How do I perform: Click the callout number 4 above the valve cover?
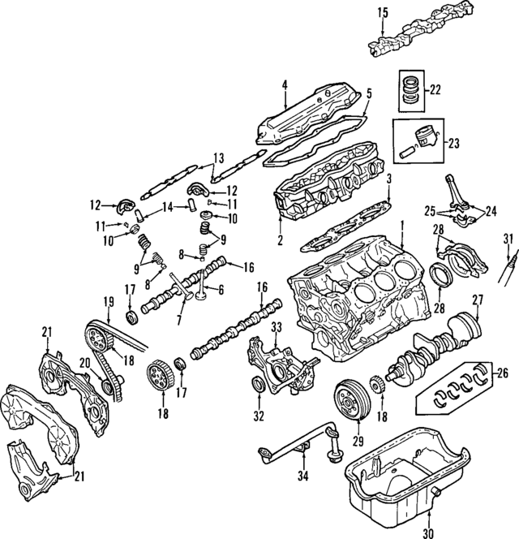click(x=285, y=85)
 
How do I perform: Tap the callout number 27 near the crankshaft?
click(x=478, y=299)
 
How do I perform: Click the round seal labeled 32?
click(x=258, y=382)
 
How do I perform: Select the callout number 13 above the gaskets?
click(x=218, y=158)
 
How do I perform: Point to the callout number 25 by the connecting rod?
click(x=430, y=211)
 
